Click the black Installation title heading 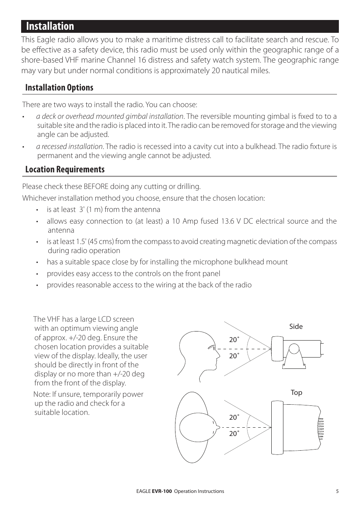50,26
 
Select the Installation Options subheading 59,87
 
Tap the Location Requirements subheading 65,169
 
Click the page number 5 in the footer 337,491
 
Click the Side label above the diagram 296,327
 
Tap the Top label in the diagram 296,393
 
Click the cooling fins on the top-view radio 321,428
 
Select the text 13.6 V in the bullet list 229,221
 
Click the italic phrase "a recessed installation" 69,146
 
